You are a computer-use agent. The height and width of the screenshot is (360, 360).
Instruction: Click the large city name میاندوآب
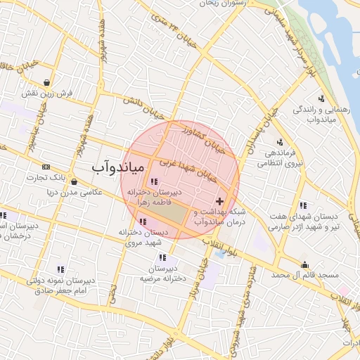click(x=117, y=167)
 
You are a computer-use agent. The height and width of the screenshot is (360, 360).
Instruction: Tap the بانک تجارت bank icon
click(x=46, y=167)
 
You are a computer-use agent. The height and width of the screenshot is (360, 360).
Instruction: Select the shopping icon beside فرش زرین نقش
click(x=46, y=82)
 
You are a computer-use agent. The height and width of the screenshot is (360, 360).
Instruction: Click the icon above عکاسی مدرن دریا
click(x=74, y=182)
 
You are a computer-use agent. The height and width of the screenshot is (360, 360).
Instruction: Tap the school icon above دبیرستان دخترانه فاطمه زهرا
click(x=154, y=182)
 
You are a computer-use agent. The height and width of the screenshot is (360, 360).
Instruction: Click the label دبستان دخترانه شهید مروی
click(x=143, y=236)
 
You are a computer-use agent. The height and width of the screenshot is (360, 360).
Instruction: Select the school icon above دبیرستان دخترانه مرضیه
click(x=163, y=258)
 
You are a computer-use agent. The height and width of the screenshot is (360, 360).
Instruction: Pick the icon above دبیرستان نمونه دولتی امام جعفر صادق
click(x=60, y=269)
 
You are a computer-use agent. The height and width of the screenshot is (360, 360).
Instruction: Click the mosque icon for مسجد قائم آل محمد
click(x=304, y=265)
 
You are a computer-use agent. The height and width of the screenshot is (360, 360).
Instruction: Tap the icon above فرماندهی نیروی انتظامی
click(x=280, y=142)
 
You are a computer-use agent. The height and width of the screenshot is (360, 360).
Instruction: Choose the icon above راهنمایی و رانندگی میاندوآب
click(x=321, y=98)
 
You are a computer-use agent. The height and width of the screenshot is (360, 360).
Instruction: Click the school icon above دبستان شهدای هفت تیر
click(x=303, y=206)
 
